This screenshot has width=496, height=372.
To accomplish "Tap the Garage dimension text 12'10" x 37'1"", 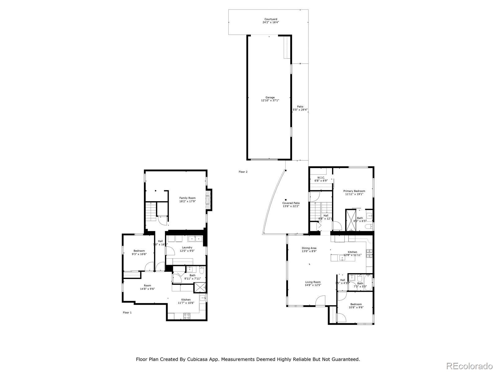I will (270, 100).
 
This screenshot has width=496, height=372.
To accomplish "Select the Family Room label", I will (188, 198).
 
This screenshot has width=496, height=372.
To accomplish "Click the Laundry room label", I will (187, 247).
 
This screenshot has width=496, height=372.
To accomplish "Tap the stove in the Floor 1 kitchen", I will (187, 316).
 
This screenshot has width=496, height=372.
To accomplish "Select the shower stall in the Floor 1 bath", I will (200, 287).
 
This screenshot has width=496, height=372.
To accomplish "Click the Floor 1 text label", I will (127, 312).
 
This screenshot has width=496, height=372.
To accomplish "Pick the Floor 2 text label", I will (243, 172).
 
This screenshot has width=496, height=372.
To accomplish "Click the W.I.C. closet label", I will (321, 178).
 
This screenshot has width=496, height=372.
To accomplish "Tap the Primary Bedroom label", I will (354, 191).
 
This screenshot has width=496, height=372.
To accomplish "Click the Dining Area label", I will (309, 248).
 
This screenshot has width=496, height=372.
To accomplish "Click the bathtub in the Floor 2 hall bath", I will (368, 283).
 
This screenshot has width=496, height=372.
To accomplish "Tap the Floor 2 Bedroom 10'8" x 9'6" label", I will (356, 304).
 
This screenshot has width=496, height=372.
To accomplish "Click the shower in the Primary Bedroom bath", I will (351, 220).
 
